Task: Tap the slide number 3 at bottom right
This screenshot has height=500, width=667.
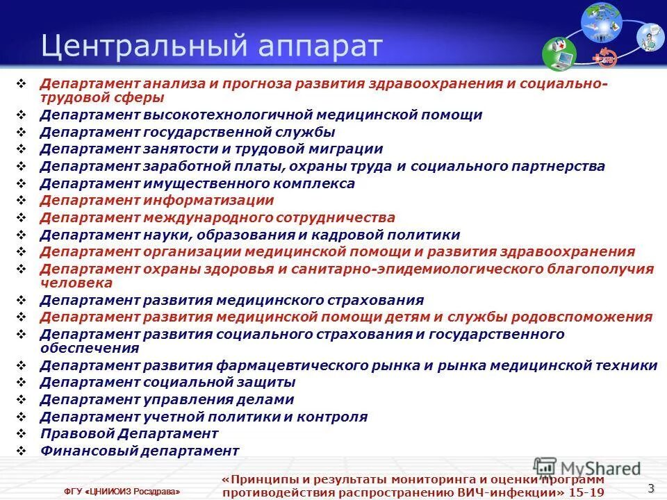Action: click(651, 487)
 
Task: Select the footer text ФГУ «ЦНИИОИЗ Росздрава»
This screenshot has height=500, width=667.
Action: click(122, 492)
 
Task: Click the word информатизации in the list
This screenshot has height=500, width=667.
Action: click(209, 201)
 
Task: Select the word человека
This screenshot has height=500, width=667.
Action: click(76, 283)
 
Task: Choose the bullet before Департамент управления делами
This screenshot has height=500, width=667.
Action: click(22, 399)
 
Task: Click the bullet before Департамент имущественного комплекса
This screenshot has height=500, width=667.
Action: click(22, 183)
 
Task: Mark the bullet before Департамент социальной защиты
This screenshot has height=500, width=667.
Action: click(22, 382)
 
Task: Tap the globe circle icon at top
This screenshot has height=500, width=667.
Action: click(600, 20)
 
